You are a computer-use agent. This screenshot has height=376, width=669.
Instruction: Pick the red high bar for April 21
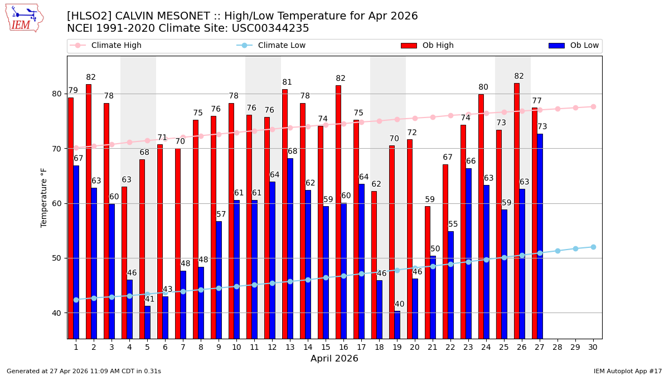pos(428,272)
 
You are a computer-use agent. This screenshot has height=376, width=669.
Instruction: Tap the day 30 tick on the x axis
pos(593,347)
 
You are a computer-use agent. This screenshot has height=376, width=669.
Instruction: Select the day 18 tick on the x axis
pos(379,347)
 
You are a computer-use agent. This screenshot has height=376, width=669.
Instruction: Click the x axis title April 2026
pos(334,359)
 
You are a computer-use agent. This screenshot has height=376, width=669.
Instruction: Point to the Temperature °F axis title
pos(45,197)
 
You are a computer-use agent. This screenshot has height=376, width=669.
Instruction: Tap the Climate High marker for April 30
pos(593,106)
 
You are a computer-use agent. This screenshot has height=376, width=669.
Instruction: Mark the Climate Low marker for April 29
pos(575,248)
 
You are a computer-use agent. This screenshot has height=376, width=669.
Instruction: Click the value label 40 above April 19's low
pos(399,304)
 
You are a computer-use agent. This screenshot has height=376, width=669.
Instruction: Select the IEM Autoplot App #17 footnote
pos(627,371)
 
